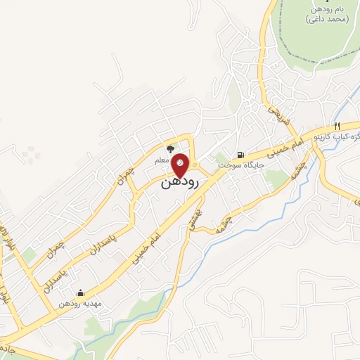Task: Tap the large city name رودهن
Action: click(180, 182)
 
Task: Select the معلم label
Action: click(161, 161)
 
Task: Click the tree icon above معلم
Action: click(169, 149)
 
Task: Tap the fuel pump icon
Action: click(241, 155)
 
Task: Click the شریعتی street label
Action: click(273, 116)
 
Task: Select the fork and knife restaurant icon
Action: click(357, 124)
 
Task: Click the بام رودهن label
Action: click(323, 9)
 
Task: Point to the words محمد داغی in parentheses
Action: click(323, 20)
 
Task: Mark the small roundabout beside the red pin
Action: click(195, 166)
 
